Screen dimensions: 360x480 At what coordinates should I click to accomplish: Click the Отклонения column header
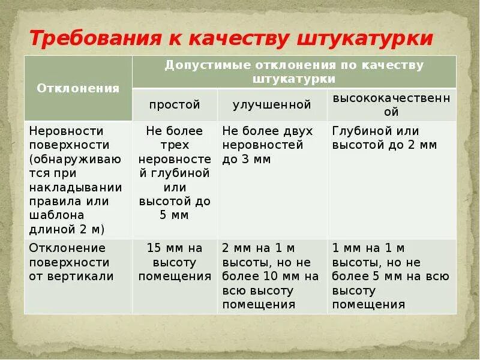click(78, 88)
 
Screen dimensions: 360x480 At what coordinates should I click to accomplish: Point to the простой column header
click(175, 104)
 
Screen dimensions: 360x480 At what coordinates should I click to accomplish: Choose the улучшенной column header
click(272, 104)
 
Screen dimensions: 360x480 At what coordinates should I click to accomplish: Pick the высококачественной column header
click(391, 104)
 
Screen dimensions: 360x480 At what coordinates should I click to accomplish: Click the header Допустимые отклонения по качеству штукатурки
click(294, 71)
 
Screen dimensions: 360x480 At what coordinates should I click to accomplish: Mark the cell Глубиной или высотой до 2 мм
click(384, 138)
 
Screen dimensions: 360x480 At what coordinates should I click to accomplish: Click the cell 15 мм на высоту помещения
click(175, 262)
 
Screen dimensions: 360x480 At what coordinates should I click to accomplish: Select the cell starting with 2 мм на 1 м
click(270, 276)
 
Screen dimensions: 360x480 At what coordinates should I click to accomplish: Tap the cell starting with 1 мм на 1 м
click(390, 276)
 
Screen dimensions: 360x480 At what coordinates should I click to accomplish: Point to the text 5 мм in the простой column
click(175, 215)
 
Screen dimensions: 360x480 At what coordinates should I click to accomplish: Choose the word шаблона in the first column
click(57, 215)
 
